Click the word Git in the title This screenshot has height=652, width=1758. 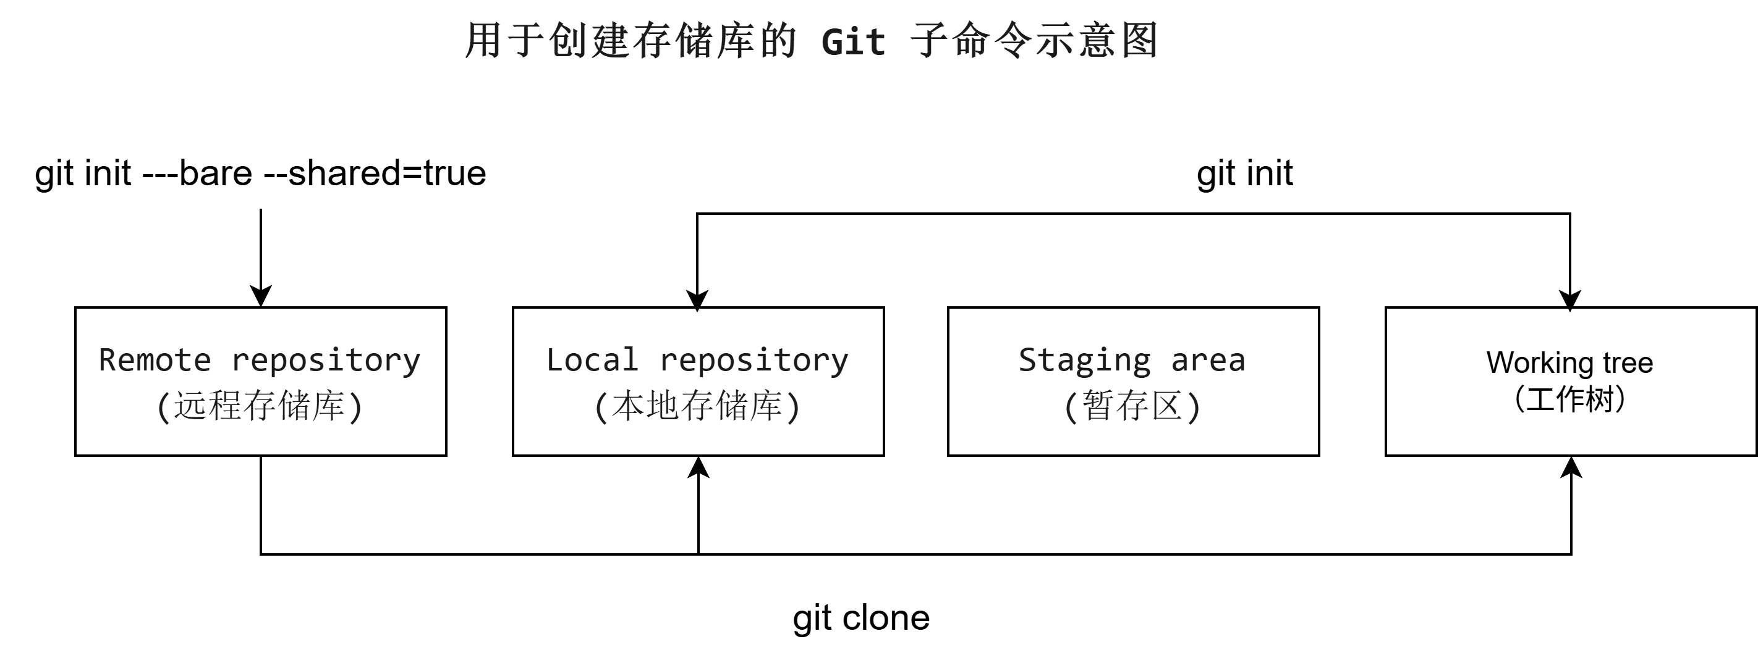click(x=853, y=42)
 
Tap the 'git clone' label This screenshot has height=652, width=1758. click(x=860, y=618)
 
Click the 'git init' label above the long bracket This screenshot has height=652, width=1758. click(x=1244, y=173)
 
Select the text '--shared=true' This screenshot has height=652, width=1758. click(x=375, y=173)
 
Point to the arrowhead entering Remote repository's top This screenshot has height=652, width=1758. click(x=261, y=298)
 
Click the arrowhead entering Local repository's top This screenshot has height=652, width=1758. click(x=697, y=300)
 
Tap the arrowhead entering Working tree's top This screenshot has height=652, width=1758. click(x=1569, y=300)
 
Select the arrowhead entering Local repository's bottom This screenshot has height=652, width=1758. click(x=698, y=467)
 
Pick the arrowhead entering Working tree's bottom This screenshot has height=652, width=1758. click(x=1571, y=467)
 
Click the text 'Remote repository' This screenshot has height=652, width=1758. click(x=260, y=360)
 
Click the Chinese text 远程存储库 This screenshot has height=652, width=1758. click(x=260, y=406)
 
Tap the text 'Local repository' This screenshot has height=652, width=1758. click(x=697, y=360)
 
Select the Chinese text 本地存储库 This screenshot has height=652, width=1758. click(x=697, y=406)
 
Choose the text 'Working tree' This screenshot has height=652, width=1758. click(x=1569, y=363)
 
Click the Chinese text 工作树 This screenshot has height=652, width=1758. click(x=1569, y=399)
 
